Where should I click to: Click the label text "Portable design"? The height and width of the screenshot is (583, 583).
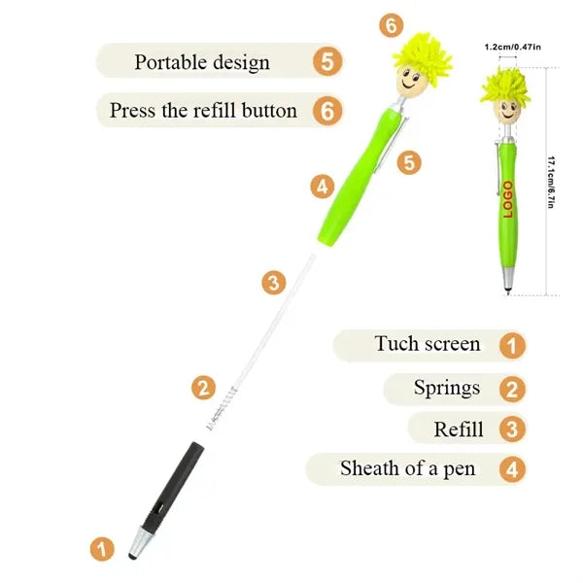tap(202, 62)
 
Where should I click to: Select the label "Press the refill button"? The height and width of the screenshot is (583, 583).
tap(203, 111)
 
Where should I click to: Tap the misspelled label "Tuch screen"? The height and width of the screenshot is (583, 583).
tap(428, 344)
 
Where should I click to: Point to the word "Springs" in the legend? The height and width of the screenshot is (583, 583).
tap(447, 389)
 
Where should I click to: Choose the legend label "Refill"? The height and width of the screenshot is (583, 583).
tap(459, 429)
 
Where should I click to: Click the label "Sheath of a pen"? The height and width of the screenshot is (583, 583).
tap(407, 468)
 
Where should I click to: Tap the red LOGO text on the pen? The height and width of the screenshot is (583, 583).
tap(507, 199)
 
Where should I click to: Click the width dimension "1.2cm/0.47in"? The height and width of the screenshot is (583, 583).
tap(512, 47)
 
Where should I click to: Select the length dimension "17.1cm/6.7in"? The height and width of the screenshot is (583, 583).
tap(551, 183)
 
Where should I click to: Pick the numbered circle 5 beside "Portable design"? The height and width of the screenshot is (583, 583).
tap(327, 61)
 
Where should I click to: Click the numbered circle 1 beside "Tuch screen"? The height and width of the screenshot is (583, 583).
tap(512, 345)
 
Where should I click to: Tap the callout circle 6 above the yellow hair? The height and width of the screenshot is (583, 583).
tap(392, 25)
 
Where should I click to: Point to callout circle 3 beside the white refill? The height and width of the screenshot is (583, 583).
tap(274, 283)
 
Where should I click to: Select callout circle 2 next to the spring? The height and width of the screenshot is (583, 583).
tap(203, 388)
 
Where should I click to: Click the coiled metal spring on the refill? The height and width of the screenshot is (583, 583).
tap(222, 409)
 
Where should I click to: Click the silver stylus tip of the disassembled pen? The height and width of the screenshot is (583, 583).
tap(138, 543)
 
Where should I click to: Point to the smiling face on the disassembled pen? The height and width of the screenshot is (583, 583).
tap(410, 82)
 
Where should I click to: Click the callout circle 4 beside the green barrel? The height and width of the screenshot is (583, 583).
tap(323, 187)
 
